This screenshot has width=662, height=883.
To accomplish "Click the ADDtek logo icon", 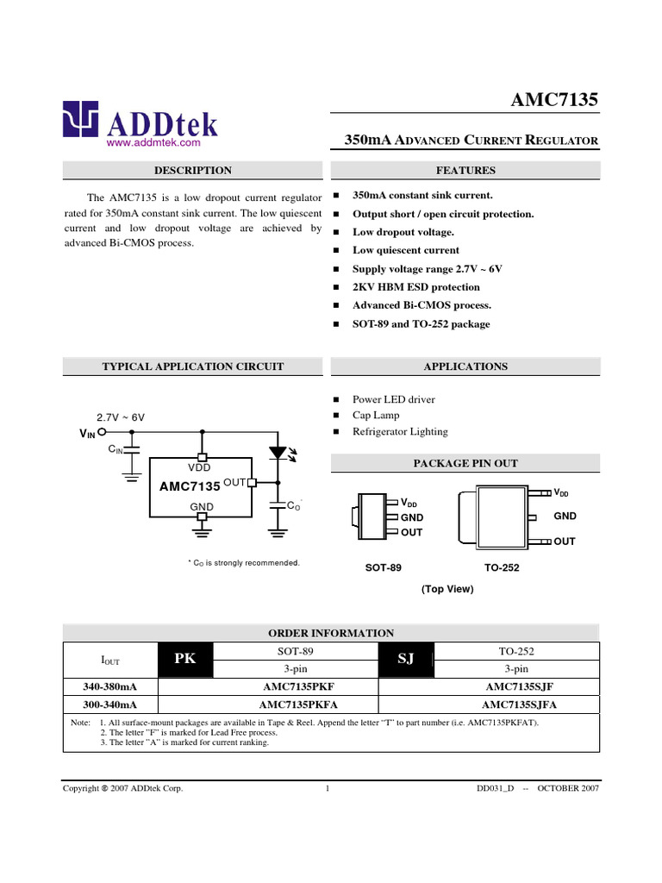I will coord(80,120).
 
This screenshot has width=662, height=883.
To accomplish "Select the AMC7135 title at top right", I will coord(555,101).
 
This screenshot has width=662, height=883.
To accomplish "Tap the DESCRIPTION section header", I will coord(192,171).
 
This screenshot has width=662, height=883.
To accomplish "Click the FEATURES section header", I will coord(465,171).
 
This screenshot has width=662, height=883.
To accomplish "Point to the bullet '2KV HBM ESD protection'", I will coord(416,287).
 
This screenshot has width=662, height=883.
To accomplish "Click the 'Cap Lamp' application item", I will coord(376,416).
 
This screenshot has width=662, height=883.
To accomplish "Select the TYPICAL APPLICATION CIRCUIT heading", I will coord(192,366).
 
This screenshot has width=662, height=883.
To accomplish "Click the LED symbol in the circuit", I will coord(278,452).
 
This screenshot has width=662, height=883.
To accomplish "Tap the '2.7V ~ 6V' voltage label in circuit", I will coord(121,417).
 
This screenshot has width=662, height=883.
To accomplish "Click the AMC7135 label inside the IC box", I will coord(190,487).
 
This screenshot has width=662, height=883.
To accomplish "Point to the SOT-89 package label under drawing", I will coord(384,568).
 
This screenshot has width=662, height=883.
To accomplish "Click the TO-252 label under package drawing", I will coord(502,568).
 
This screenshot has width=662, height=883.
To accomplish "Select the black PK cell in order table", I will coord(185,660).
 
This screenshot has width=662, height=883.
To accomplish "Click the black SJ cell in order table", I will coord(406,660).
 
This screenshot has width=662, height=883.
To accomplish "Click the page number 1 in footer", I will coord(328,788).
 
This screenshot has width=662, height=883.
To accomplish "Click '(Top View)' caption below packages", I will coord(447,590).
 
